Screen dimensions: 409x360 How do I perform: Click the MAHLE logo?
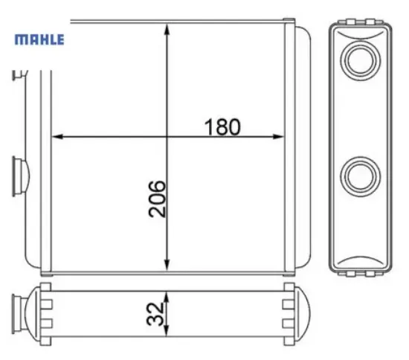(x=39, y=39)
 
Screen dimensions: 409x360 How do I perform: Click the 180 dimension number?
(x=222, y=127)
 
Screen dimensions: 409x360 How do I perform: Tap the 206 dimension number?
(x=157, y=199)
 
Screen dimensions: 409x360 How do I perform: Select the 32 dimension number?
(x=155, y=314)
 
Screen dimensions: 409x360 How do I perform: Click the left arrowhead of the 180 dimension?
(x=57, y=136)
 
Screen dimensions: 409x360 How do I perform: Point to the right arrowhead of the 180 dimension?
(x=278, y=136)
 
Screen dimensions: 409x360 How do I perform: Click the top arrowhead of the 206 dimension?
(x=167, y=29)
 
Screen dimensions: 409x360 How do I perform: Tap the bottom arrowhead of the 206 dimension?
(x=167, y=265)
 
